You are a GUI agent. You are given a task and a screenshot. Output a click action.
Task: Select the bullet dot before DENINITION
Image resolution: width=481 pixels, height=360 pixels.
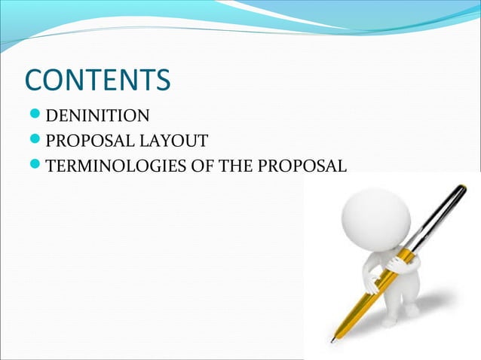pos(35,116)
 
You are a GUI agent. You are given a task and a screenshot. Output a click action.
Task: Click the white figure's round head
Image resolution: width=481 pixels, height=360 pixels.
pos(375,218)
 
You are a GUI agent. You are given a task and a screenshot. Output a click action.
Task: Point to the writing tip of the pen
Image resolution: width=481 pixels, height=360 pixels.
pos(332,340)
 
